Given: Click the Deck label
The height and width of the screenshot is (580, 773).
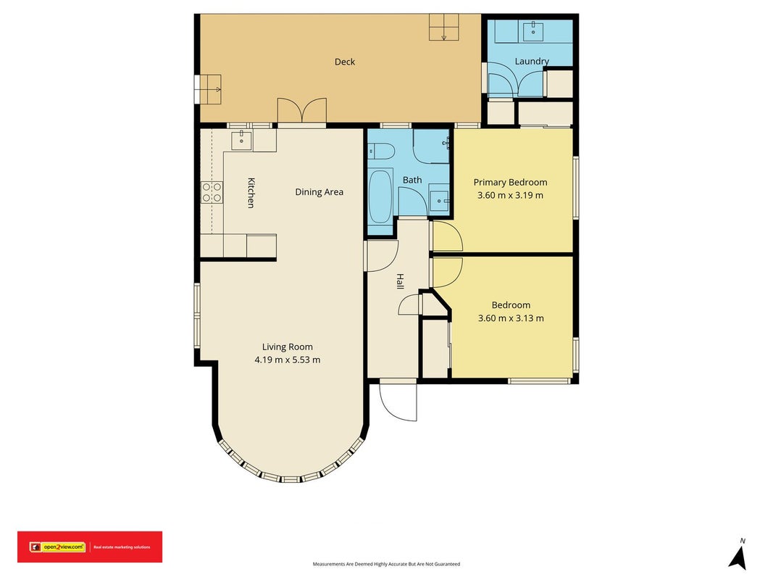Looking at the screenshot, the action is coord(345,62).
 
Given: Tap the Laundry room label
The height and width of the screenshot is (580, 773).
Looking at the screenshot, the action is coord(532,61).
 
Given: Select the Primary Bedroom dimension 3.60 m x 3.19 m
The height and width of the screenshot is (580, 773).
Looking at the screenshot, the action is coord(510,195).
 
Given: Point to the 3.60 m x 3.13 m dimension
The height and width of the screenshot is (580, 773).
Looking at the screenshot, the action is coord(511,318).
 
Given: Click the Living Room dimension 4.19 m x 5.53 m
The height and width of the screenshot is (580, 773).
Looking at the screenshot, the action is coord(288,360).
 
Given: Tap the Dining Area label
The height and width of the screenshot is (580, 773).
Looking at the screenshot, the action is coord(319,192).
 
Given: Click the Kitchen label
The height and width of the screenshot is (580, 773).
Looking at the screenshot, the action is coord(251,193).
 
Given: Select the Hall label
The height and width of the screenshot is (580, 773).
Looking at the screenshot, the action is coord(400,281).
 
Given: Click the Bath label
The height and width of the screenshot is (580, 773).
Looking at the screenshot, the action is coord(412,180).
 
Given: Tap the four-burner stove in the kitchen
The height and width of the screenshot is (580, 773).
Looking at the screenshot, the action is coord(212,192).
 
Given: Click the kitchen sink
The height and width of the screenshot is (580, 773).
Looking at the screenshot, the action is coord(241,141).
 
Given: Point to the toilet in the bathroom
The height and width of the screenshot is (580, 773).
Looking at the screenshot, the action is coord(382,151).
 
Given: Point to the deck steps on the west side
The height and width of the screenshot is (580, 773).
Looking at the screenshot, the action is coord(207,89).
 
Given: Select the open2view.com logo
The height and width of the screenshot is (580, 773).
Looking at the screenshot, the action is coord(57,547).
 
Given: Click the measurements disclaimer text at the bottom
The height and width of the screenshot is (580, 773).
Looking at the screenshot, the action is coord(387,564).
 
